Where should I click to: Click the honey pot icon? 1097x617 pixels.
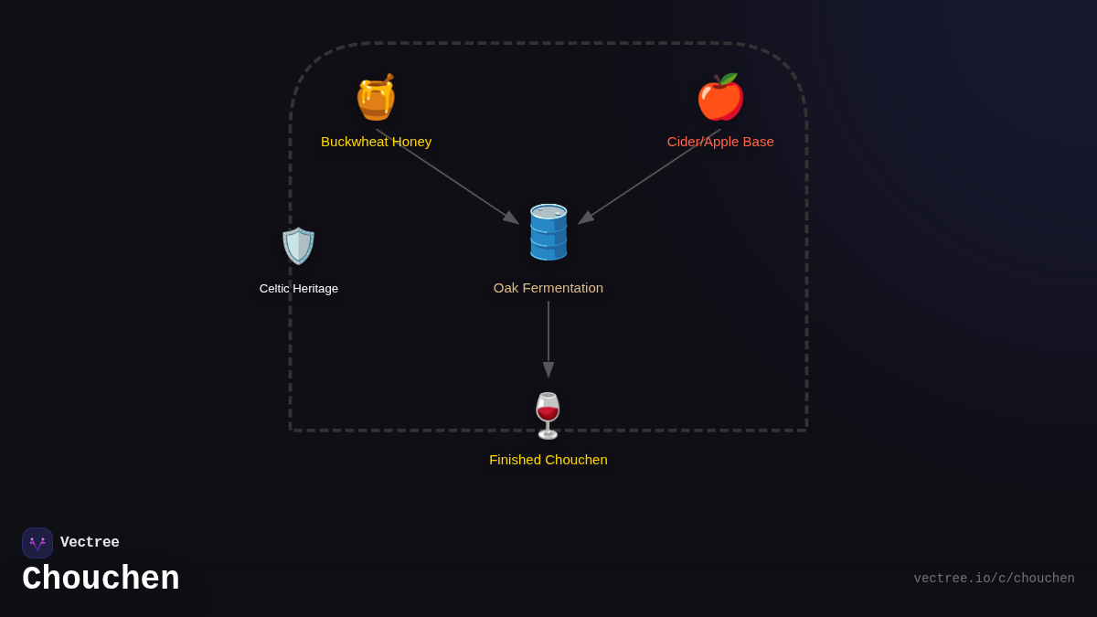pyautogui.click(x=376, y=98)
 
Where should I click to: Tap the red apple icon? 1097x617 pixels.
pyautogui.click(x=720, y=98)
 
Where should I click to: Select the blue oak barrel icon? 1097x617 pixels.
pyautogui.click(x=548, y=232)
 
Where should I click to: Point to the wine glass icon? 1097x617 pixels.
pyautogui.click(x=548, y=416)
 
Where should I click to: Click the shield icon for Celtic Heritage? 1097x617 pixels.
pyautogui.click(x=298, y=246)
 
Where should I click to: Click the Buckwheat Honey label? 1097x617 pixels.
pyautogui.click(x=376, y=142)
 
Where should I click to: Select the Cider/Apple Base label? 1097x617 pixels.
pyautogui.click(x=720, y=142)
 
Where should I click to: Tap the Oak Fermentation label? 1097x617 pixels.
pyautogui.click(x=548, y=288)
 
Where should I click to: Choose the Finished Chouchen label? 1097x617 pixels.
pyautogui.click(x=548, y=460)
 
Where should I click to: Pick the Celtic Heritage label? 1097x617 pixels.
pyautogui.click(x=299, y=289)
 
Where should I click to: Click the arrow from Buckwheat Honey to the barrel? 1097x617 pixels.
pyautogui.click(x=448, y=176)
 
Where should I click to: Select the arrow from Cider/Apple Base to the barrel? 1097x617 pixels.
pyautogui.click(x=649, y=176)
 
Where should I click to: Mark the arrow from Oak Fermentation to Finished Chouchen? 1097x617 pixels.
pyautogui.click(x=548, y=338)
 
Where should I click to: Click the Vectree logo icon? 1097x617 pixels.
pyautogui.click(x=37, y=543)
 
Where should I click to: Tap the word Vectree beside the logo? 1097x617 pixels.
pyautogui.click(x=90, y=543)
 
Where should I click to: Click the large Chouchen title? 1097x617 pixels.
pyautogui.click(x=101, y=580)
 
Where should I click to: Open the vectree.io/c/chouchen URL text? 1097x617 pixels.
pyautogui.click(x=994, y=579)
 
